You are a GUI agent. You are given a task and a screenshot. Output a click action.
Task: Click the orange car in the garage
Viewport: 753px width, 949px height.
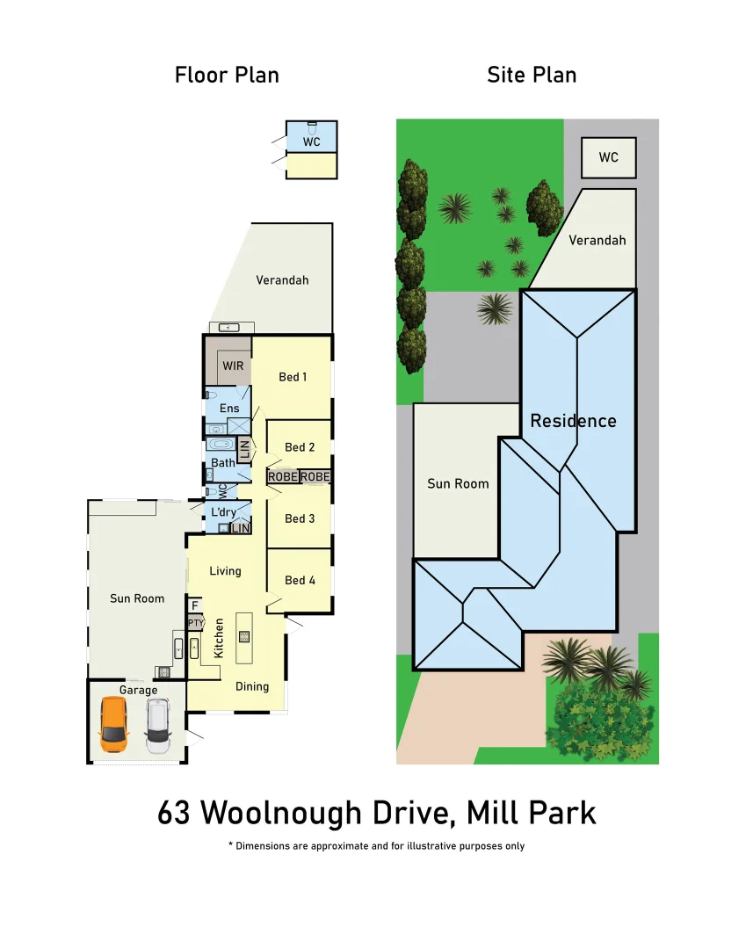point(113,724)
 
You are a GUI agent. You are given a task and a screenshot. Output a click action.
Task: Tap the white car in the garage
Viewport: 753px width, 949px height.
point(157,726)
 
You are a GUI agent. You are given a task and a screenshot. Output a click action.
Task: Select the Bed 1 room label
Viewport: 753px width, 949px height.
point(293,377)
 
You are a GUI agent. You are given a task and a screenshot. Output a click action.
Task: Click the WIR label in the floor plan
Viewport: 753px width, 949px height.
point(233,366)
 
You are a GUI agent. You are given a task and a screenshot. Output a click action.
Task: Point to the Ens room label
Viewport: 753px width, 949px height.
point(229,409)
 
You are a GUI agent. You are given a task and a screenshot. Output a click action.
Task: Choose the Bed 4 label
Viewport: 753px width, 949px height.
point(300,580)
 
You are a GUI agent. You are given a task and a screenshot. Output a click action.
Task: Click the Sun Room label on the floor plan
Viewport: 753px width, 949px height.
point(137,598)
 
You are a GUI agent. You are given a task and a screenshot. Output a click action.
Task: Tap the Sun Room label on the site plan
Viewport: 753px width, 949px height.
point(458,483)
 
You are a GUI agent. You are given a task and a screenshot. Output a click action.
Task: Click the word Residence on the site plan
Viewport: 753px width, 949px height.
point(573,421)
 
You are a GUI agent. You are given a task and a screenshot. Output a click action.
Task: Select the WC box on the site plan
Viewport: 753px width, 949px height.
point(608,157)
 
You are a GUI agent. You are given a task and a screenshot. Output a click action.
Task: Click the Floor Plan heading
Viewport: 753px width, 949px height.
point(227,75)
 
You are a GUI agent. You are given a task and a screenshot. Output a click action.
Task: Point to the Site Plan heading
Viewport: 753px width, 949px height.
point(532,75)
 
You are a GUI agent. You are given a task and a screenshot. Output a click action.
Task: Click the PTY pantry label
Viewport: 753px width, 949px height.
point(195,623)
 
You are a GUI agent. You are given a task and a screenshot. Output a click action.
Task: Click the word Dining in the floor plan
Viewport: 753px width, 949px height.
point(252,686)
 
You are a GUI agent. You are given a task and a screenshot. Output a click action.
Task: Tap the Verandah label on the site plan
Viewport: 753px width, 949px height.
point(597,240)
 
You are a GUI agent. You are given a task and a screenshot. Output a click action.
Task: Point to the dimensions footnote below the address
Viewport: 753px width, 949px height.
point(376,846)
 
